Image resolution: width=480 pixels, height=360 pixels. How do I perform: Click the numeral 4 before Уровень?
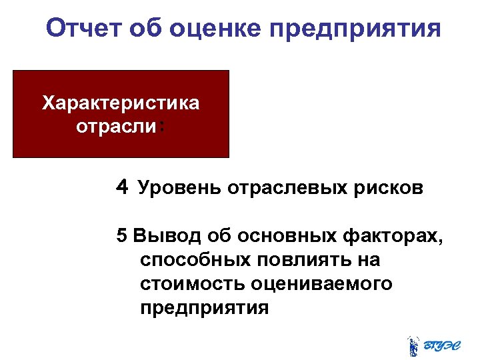121,187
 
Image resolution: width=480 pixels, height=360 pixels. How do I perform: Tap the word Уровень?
180,189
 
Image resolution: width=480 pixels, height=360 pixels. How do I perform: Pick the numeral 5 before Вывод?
121,235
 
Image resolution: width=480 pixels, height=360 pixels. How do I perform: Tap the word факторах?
393,237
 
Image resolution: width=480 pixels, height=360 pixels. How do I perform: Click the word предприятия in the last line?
205,308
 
